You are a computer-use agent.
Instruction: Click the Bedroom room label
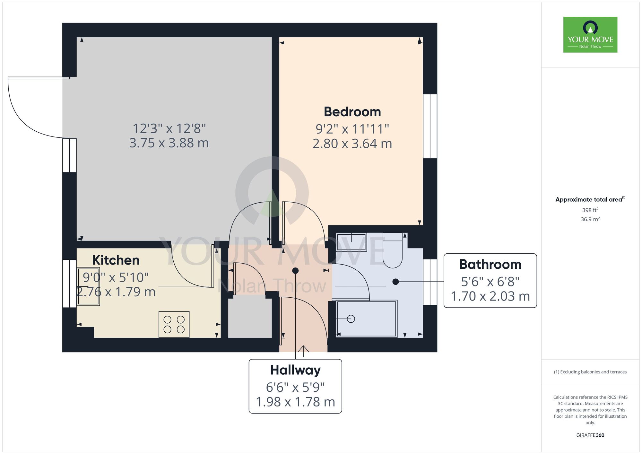click(352, 112)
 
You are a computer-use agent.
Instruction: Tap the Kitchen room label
click(116, 260)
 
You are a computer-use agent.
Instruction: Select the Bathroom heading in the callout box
click(490, 264)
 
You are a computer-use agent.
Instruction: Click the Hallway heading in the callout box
click(295, 370)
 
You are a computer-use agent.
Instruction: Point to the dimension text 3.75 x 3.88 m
click(169, 143)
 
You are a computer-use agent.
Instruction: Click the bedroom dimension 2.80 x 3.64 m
click(352, 144)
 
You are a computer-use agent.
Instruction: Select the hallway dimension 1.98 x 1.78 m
click(295, 402)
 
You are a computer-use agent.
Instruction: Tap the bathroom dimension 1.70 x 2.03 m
click(490, 296)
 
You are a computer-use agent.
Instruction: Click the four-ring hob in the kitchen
click(174, 324)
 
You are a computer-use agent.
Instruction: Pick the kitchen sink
click(88, 286)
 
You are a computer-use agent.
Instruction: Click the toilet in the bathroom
click(393, 252)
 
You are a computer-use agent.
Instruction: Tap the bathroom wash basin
click(351, 242)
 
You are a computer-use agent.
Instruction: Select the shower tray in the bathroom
click(366, 319)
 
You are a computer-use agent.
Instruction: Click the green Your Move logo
click(590, 35)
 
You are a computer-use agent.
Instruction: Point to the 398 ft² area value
click(590, 210)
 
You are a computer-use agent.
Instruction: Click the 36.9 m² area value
click(590, 219)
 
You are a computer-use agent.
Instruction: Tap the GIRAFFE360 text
click(590, 435)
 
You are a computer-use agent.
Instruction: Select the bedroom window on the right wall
click(430, 126)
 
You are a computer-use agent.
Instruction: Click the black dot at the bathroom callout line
click(395, 282)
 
